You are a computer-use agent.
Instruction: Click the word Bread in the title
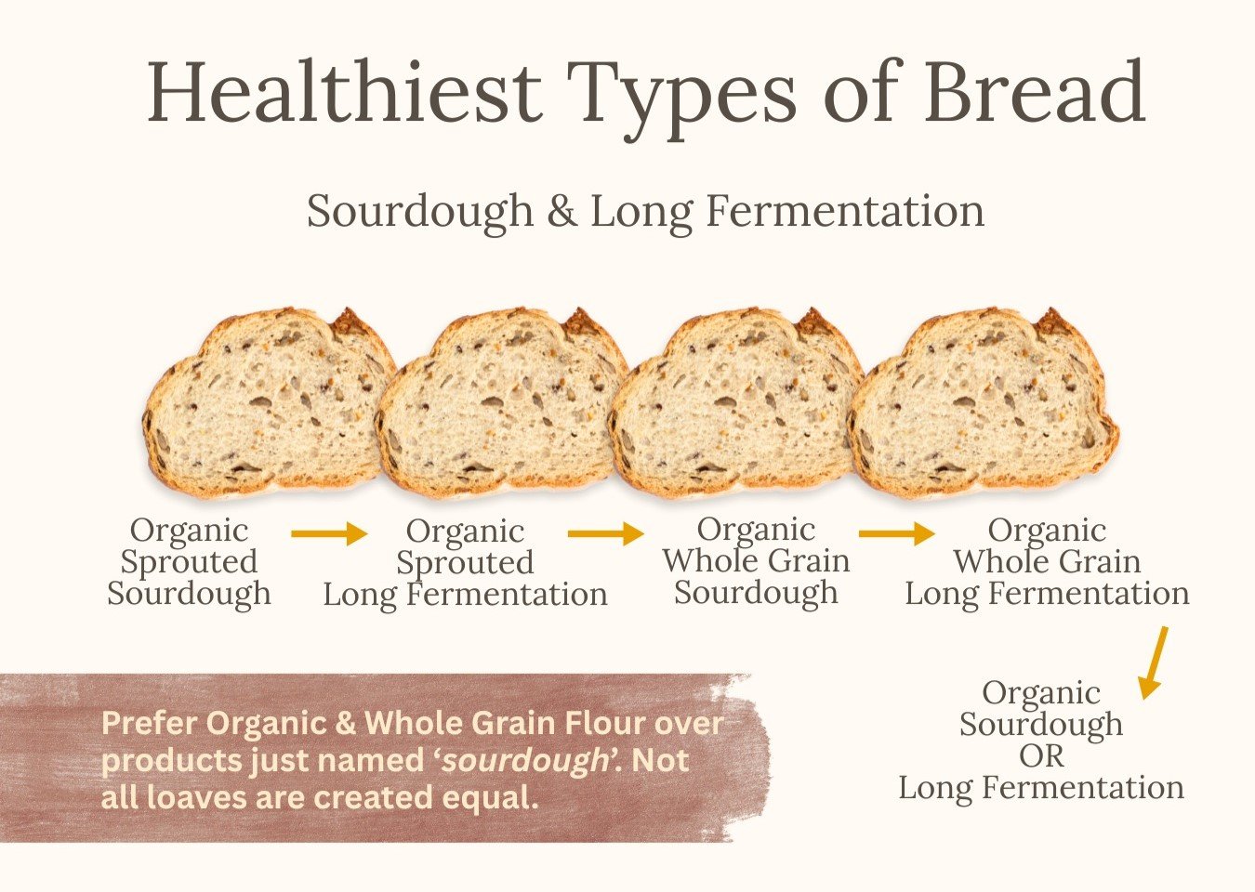1035,92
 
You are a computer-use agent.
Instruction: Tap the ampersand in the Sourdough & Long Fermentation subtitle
561,211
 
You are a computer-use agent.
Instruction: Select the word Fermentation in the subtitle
845,211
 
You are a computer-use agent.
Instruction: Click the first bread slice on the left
269,403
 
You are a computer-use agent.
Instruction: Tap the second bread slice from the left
501,403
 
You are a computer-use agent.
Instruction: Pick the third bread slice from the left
735,403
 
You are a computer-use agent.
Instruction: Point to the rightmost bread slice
984,403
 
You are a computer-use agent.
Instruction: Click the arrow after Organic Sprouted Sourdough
329,533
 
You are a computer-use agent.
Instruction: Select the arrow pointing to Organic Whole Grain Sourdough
605,533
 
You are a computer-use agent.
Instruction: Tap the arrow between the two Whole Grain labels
896,533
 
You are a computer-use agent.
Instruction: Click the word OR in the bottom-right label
1041,756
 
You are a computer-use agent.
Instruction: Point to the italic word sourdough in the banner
524,760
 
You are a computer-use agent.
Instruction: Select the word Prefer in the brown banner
150,723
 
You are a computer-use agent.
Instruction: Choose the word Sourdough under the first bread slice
190,594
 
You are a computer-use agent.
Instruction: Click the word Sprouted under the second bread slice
465,563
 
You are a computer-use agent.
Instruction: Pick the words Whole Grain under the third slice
757,560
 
